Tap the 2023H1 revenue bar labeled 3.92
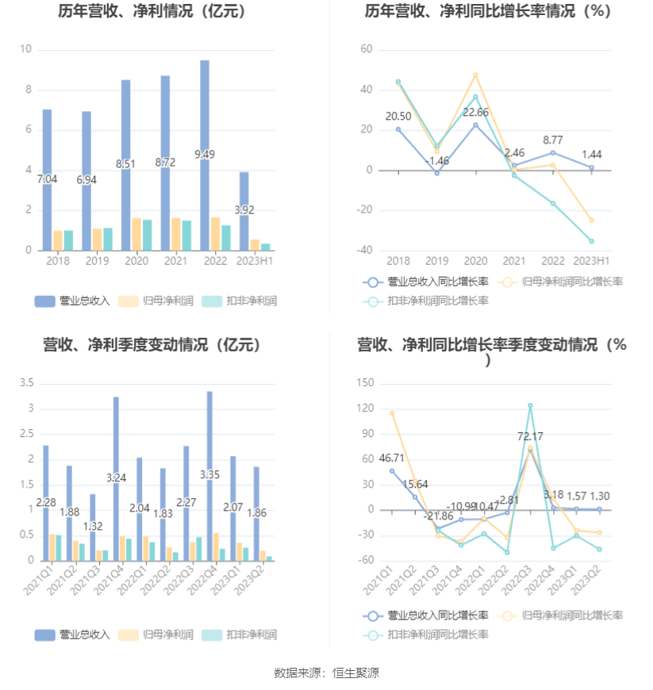point(244,211)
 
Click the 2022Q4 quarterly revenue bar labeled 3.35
point(209,476)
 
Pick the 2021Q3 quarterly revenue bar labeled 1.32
point(92,527)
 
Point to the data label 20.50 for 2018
point(398,117)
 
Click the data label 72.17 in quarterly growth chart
point(530,437)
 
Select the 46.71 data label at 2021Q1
point(392,458)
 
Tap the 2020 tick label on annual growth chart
point(475,261)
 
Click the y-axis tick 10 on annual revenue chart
point(25,49)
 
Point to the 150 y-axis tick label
point(365,383)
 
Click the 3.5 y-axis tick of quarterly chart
point(25,383)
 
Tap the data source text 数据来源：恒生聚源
point(326,673)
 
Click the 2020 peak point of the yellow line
point(475,75)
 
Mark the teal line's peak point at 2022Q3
point(530,405)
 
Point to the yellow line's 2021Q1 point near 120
point(392,413)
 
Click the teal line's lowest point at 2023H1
point(591,241)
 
